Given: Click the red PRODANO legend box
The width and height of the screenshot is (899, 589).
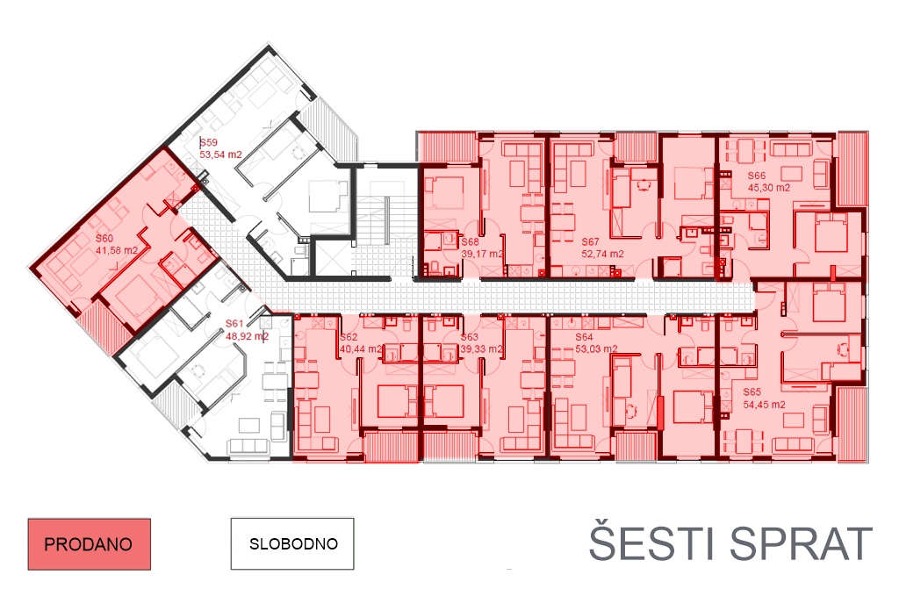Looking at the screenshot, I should [89, 544].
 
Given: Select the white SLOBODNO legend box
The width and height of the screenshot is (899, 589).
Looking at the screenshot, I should [293, 543].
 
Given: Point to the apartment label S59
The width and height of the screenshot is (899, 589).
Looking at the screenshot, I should [209, 142].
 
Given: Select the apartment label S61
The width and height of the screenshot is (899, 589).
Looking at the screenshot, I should [234, 324].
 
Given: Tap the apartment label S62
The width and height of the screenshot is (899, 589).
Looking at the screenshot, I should [349, 337].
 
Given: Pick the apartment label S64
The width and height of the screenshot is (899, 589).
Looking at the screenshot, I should [585, 337].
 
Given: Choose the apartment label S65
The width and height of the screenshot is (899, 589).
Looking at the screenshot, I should [752, 392].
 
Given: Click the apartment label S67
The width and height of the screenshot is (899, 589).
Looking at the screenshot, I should [591, 241].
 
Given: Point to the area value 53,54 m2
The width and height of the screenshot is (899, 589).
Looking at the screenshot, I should [220, 154].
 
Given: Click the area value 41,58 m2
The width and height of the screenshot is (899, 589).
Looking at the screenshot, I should [118, 250].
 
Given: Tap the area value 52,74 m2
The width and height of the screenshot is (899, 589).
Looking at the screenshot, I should [602, 255].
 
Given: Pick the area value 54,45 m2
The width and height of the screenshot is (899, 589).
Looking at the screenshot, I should [764, 405].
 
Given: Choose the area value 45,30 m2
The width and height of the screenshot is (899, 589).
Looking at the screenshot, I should [769, 188].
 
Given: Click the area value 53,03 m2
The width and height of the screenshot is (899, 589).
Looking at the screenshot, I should [596, 348].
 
